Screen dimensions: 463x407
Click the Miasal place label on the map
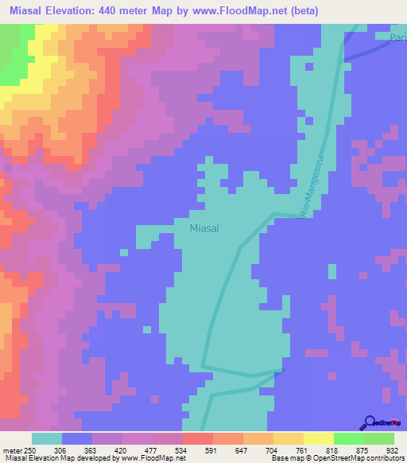(205, 228)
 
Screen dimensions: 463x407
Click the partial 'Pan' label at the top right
(397, 38)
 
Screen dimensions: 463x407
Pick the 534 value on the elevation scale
(167, 449)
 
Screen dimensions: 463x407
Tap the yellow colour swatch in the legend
(318, 438)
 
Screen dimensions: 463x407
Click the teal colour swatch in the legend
(47, 438)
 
